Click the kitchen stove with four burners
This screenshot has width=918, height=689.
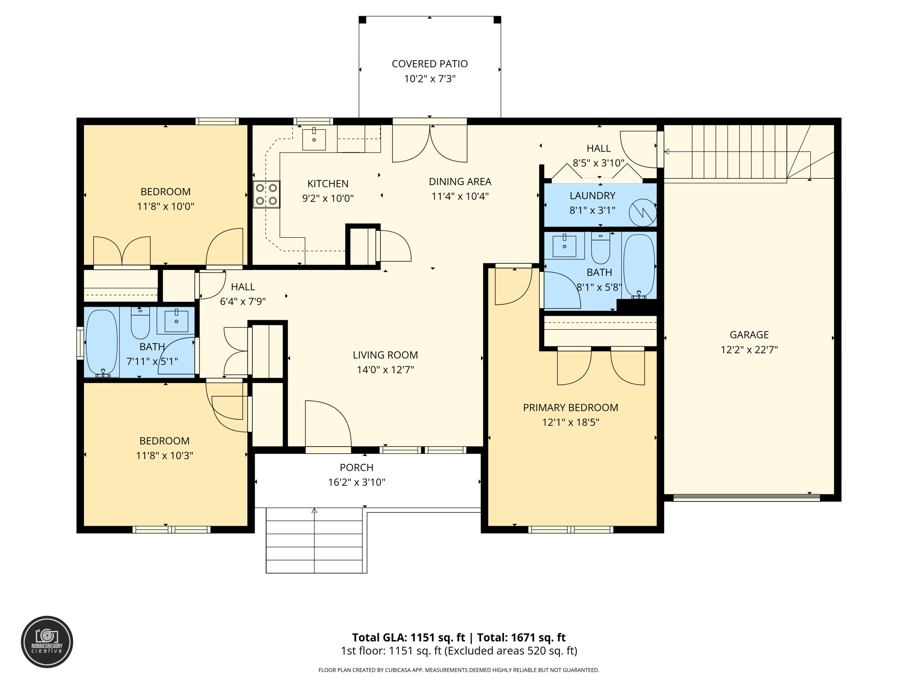tap(267, 194)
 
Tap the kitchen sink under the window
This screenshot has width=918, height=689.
tap(314, 139)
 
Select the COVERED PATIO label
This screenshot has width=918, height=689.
tap(429, 64)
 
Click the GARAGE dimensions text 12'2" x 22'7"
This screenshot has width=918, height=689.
tap(749, 350)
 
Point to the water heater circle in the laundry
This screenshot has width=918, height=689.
tap(642, 213)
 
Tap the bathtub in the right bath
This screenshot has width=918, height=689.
tap(639, 266)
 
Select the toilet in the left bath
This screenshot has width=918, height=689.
tap(140, 323)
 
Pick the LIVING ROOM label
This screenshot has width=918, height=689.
tap(385, 355)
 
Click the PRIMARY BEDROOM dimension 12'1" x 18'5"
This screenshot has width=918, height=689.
tap(570, 423)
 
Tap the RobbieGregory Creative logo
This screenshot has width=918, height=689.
tap(47, 641)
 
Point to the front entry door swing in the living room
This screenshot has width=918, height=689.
tap(327, 424)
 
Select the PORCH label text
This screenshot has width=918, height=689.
tap(356, 468)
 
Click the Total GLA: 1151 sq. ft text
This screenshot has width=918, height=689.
tap(408, 637)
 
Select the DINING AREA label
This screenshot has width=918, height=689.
tap(460, 182)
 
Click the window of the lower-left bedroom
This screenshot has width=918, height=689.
tap(171, 530)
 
